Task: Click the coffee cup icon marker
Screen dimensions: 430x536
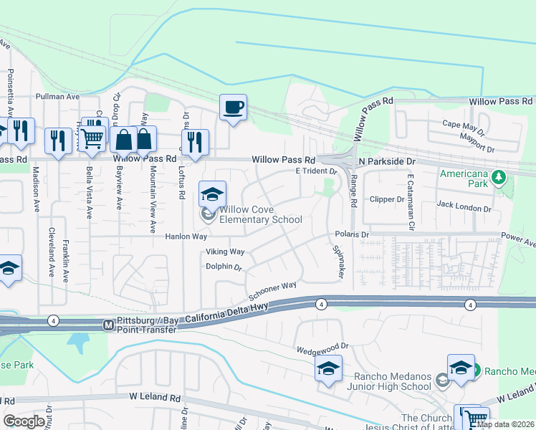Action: [233, 108]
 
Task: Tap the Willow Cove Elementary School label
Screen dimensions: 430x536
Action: [260, 215]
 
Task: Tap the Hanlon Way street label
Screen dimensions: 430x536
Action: [186, 236]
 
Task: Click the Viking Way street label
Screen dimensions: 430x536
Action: [225, 252]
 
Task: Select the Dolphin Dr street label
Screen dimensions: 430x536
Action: [225, 267]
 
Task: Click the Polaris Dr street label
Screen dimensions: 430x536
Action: [351, 234]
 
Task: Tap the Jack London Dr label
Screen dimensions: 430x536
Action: [464, 209]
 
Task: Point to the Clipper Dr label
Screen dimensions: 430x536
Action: [386, 199]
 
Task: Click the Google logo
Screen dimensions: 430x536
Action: [24, 421]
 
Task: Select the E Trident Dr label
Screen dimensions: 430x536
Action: [316, 172]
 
